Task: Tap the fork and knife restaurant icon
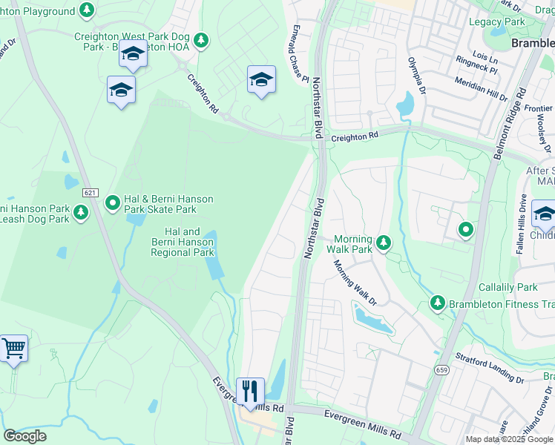250,390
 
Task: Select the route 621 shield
91,193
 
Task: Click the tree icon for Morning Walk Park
384,242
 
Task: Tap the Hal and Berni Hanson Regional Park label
183,243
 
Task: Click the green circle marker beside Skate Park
113,202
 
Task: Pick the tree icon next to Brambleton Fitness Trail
437,303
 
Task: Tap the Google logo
24,436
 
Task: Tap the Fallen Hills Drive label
522,225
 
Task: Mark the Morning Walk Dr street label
355,282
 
